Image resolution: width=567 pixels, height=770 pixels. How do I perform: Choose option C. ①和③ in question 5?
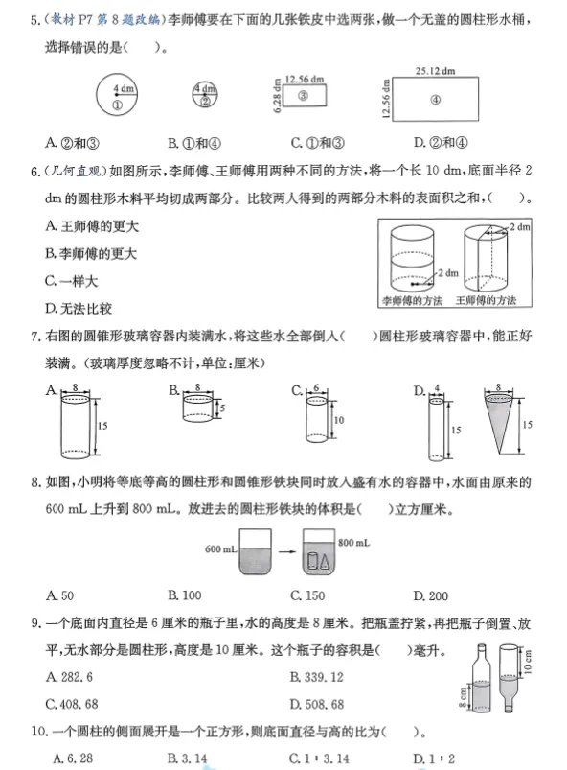(310, 143)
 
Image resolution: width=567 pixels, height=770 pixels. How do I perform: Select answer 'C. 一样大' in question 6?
(72, 281)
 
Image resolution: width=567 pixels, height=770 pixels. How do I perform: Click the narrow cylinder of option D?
(434, 427)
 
